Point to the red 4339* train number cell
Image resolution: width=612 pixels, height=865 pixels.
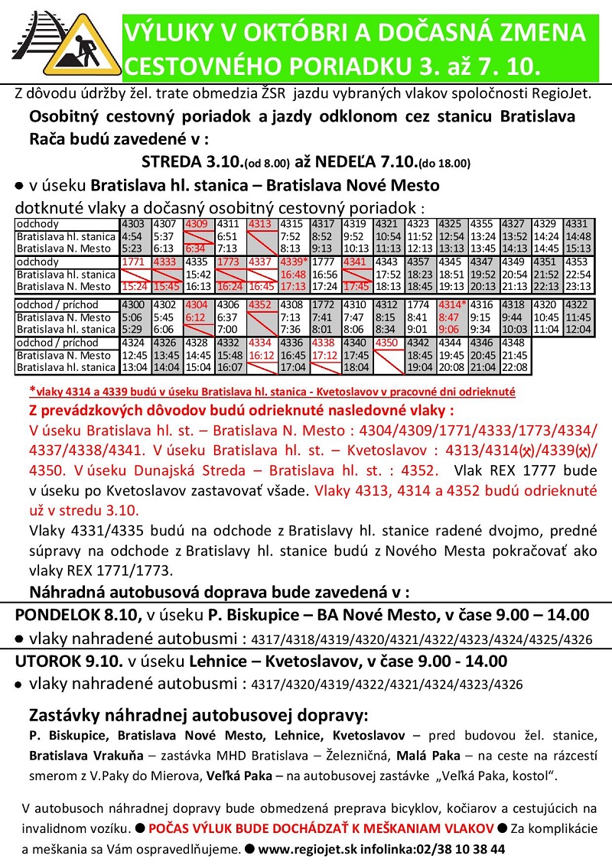[x=295, y=262]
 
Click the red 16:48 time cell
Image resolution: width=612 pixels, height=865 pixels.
[x=295, y=274]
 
